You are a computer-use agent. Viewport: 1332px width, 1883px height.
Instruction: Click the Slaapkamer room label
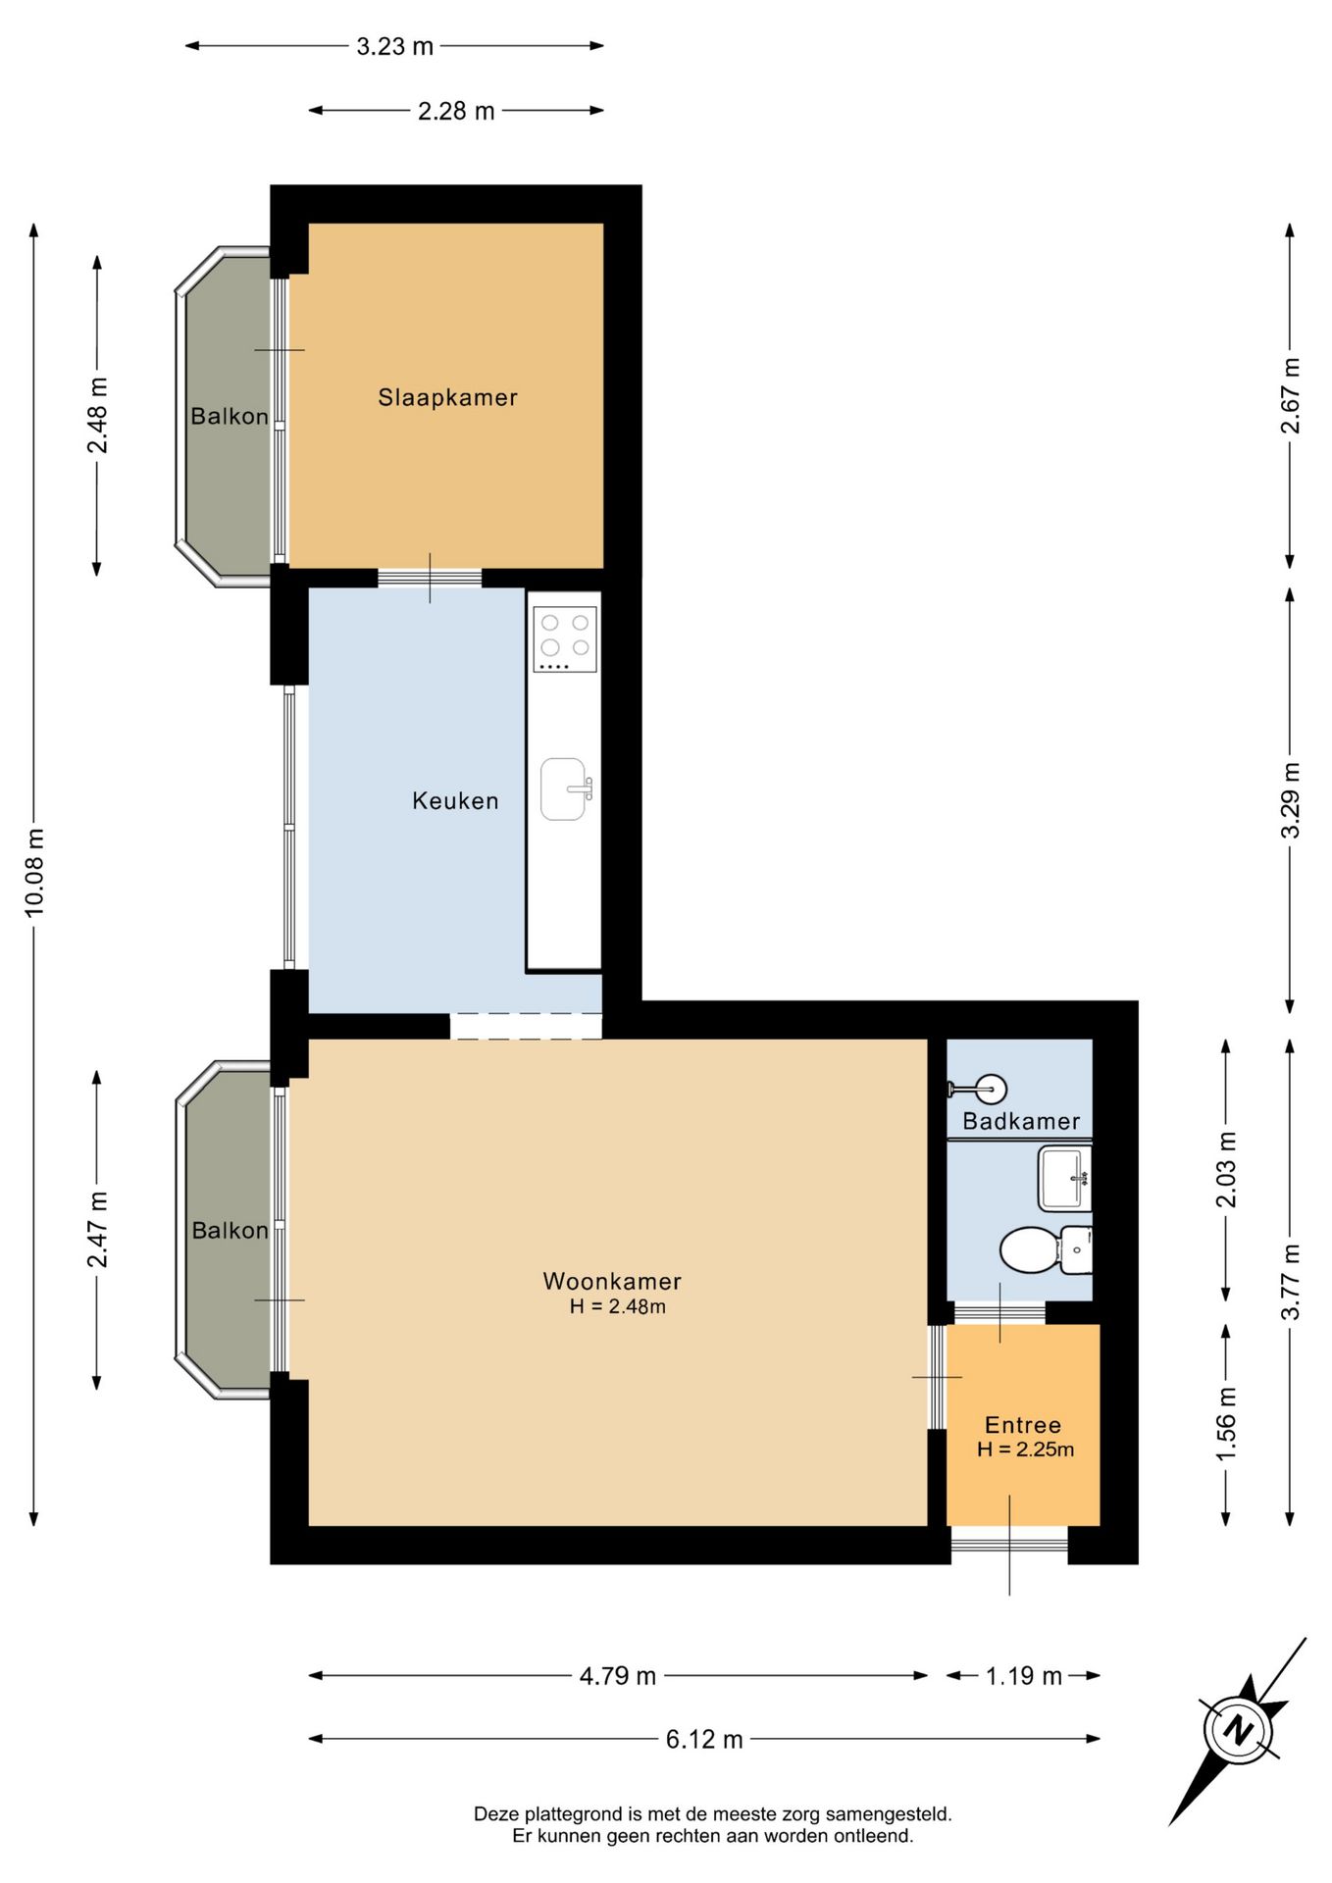[447, 397]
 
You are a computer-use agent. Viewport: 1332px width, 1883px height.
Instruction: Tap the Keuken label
[455, 800]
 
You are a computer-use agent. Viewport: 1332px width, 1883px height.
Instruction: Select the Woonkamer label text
[612, 1281]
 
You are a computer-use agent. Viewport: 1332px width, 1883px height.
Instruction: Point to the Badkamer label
[1021, 1121]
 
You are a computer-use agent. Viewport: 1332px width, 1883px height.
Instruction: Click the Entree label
[1023, 1425]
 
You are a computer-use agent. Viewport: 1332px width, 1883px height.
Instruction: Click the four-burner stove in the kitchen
[565, 639]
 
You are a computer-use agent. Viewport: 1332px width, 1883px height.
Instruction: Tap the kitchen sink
[566, 789]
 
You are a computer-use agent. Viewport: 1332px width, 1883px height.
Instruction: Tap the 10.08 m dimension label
[34, 873]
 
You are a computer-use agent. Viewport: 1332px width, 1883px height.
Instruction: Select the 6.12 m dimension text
[704, 1739]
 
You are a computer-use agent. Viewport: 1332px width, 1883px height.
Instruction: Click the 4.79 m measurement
[618, 1675]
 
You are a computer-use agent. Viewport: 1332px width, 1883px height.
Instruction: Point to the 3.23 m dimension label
[394, 46]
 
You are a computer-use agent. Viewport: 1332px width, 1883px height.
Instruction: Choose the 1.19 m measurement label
[1024, 1675]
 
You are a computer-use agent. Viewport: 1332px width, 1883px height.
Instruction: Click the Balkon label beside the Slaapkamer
[230, 416]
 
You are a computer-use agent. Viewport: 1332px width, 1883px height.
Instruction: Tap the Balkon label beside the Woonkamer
[230, 1230]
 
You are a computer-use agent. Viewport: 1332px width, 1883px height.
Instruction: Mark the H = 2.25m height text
[1025, 1450]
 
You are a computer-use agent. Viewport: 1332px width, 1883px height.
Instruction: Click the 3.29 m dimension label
[1291, 800]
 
